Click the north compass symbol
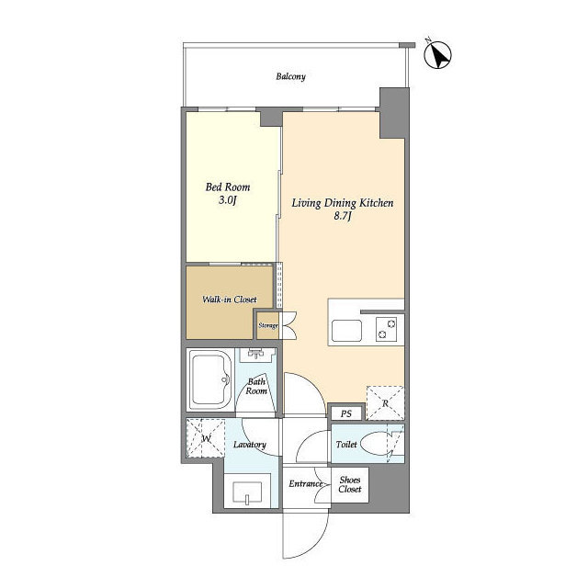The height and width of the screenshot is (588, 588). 437,55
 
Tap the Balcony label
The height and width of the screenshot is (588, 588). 290,76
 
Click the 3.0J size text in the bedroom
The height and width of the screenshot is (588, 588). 228,200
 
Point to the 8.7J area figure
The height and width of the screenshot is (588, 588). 343,217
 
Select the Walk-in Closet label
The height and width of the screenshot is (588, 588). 230,300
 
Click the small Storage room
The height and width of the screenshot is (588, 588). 268,325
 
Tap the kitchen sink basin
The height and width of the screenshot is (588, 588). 347,331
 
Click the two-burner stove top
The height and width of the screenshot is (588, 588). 387,329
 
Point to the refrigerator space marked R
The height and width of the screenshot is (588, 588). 385,403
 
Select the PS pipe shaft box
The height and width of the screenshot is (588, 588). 346,413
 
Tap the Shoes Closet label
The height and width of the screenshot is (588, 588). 350,484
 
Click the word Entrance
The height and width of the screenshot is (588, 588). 306,484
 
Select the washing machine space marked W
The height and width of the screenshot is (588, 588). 206,438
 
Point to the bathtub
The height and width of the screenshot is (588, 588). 210,379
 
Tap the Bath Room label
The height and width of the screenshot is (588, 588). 256,386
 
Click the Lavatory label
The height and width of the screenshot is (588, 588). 249,445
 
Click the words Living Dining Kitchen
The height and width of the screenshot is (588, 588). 343,203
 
